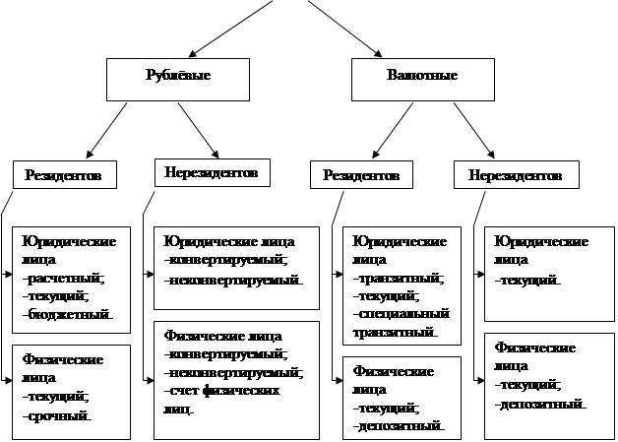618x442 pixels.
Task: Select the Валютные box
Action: pos(424,77)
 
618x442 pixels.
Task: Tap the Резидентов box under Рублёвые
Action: pos(65,174)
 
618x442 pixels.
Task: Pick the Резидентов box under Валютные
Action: pos(361,175)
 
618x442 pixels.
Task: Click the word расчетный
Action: pos(66,279)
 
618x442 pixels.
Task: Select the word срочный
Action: pos(59,415)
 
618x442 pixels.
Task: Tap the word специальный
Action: pos(401,314)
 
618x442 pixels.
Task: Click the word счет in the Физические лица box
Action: pos(181,391)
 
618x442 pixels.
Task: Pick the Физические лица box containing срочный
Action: pos(72,391)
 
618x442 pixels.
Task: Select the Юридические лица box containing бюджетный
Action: pos(72,279)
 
